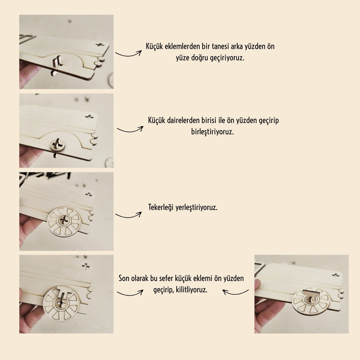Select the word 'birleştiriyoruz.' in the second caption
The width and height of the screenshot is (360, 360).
coord(212,132)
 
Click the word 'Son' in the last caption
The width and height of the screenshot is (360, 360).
coord(124,278)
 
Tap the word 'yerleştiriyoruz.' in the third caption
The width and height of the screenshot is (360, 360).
coord(196,208)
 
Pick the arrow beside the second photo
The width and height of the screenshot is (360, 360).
coord(130,130)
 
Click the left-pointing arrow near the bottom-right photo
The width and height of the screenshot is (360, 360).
coord(235,293)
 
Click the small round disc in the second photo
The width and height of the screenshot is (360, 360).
coord(57,145)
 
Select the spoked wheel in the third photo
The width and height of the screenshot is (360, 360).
coord(64,221)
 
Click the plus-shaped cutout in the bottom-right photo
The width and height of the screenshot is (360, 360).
coord(336,275)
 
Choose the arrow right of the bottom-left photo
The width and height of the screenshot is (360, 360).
coord(130,293)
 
